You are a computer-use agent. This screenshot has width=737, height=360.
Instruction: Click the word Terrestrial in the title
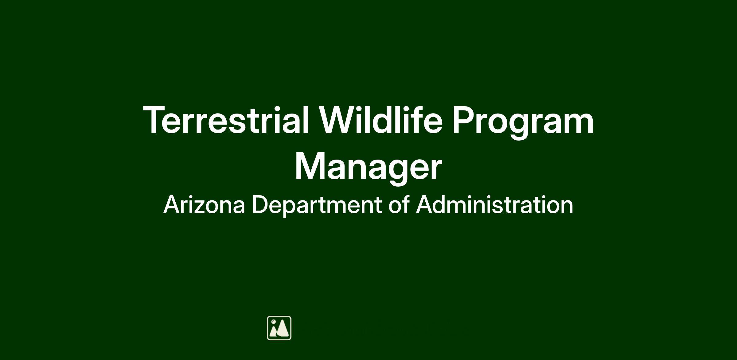226,120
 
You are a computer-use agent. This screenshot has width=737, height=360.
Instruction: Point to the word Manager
368,168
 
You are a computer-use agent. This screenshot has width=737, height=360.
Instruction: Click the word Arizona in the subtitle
204,204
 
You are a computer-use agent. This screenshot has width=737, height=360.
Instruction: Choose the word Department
317,206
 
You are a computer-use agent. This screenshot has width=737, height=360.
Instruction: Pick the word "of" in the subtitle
399,204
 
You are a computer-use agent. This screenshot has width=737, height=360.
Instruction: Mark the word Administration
494,204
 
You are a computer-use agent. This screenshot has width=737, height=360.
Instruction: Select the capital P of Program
464,120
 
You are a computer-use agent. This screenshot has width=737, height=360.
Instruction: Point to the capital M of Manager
310,166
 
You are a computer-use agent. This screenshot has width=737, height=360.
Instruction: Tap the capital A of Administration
425,204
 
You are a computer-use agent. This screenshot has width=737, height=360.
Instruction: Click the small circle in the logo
273,322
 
